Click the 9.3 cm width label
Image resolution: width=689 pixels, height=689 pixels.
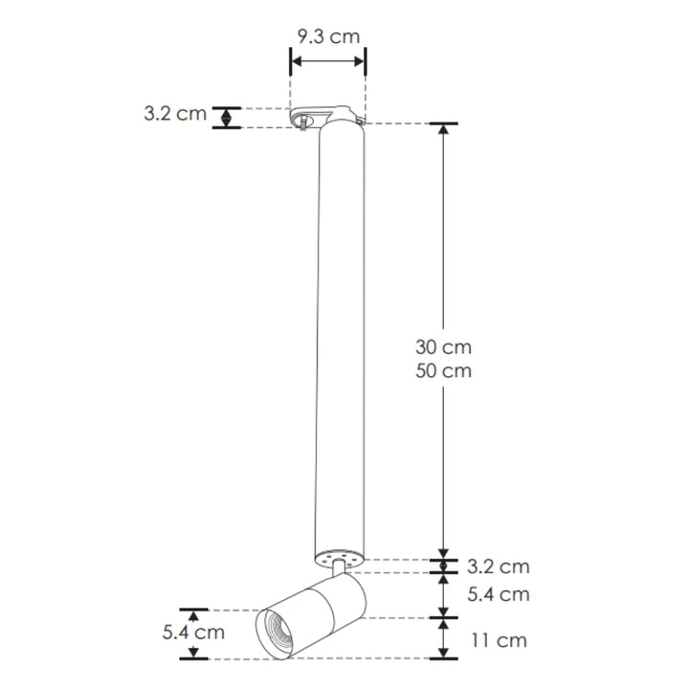pos(327,37)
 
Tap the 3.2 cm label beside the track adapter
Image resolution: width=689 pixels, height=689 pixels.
pos(175,114)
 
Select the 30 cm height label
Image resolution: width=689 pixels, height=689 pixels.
pos(443,346)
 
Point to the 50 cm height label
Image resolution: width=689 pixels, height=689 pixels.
pos(443,370)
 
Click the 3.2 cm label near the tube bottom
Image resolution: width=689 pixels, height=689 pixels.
pos(497,567)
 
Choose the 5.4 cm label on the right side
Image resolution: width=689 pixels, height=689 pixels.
pos(497,594)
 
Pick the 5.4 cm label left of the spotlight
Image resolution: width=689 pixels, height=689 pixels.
pos(194,633)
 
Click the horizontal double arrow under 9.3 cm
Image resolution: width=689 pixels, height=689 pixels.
pos(327,61)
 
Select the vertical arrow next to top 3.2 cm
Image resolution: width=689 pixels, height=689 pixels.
pos(226,117)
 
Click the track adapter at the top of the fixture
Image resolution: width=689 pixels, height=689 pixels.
pos(326,116)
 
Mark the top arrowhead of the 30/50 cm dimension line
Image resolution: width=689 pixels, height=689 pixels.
pos(443,130)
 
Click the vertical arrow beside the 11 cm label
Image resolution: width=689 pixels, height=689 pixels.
pos(443,638)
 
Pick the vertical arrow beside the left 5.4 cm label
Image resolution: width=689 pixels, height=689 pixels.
pos(194,633)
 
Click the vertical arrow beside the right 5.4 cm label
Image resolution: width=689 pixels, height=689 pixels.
pos(443,594)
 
